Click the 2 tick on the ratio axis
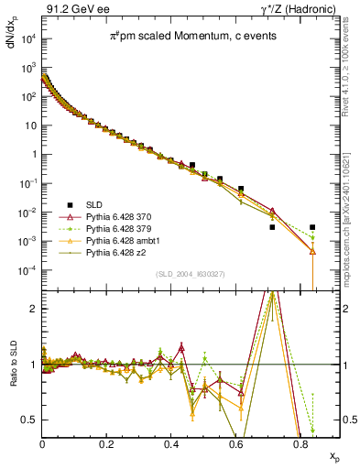tap(34, 309)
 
